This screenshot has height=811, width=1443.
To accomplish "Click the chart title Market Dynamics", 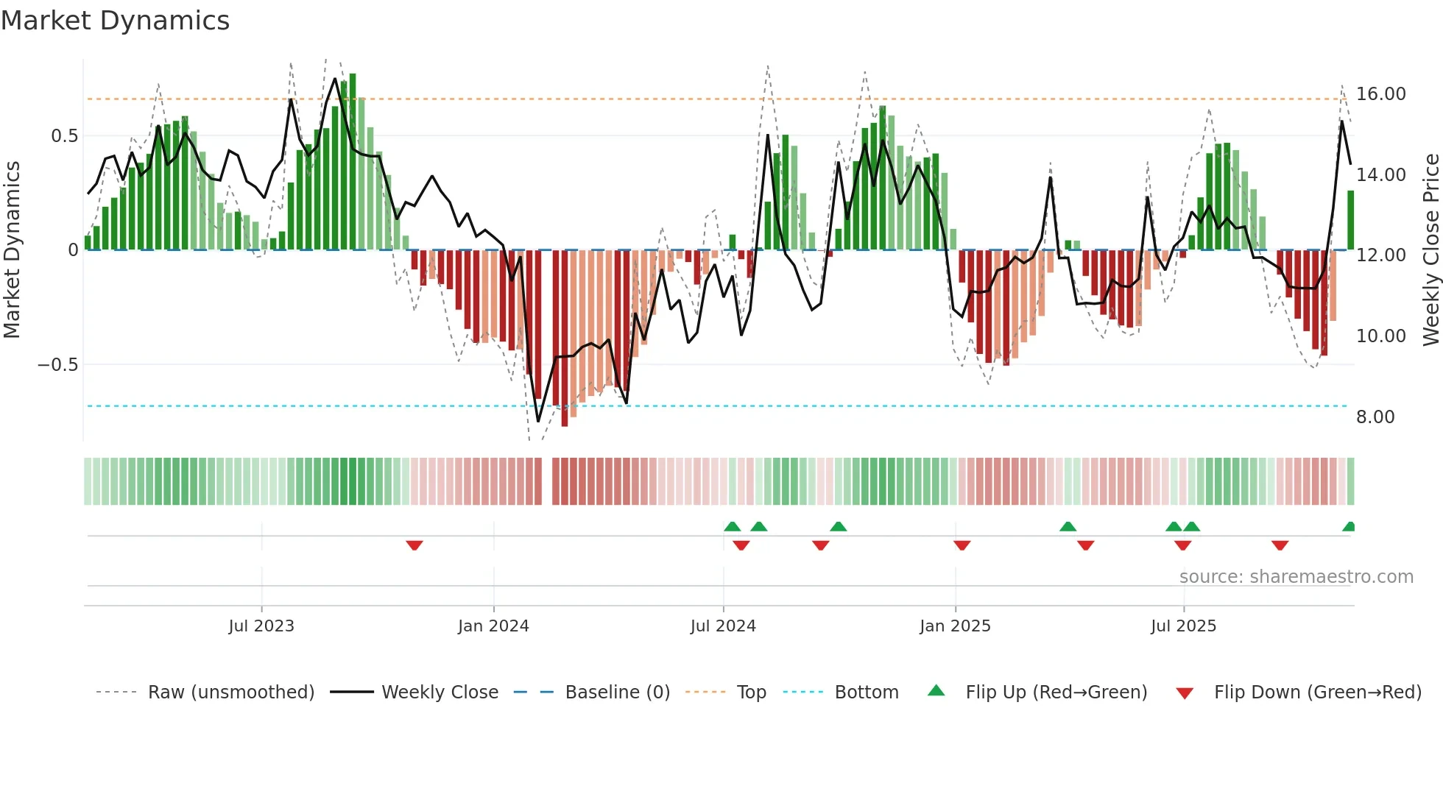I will point(116,21).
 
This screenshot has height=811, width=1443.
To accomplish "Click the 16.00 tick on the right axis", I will point(1380,94).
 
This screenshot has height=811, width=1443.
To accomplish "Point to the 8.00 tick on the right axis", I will point(1375,417).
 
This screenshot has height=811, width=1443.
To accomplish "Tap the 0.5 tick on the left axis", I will point(64,136).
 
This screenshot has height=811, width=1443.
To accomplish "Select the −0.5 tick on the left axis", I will point(58,365).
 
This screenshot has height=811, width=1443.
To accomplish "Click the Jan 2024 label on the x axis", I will point(493,626).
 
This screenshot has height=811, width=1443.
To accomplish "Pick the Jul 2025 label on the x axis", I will point(1183,626).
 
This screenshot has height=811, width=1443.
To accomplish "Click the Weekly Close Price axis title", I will point(1430,250).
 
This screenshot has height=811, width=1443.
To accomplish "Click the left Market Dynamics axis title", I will point(12,250).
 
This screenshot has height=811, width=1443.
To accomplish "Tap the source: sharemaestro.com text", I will point(1296,577).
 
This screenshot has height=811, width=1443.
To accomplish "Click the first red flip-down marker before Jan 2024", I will point(414,545).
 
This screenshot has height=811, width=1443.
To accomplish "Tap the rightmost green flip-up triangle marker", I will point(1349,527).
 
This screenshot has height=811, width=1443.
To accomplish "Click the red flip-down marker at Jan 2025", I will point(962,545).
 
